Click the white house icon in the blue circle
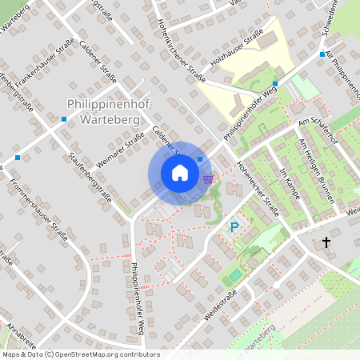[x=180, y=173]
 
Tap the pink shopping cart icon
[x=208, y=178]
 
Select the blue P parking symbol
[x=234, y=227]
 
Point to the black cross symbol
[x=326, y=242]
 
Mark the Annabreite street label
[x=21, y=337]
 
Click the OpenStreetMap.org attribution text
[x=80, y=354]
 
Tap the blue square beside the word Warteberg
[x=64, y=119]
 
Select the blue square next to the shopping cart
[x=199, y=160]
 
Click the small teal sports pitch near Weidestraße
[x=234, y=275]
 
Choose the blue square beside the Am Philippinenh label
[x=322, y=54]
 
